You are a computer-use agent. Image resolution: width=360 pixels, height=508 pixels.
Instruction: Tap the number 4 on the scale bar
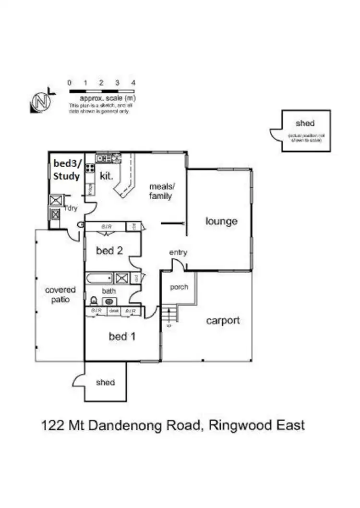(133, 83)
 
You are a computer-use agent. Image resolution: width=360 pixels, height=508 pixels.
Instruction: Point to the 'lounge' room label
(221, 221)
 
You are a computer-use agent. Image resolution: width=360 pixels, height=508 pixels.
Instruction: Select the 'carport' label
(223, 320)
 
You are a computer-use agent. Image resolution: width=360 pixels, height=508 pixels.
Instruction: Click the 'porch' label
(179, 287)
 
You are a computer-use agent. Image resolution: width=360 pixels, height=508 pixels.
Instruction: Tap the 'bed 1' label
(122, 337)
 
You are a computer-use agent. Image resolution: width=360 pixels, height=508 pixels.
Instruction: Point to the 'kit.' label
(106, 176)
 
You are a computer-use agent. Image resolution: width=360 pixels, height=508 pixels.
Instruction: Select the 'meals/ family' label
(160, 191)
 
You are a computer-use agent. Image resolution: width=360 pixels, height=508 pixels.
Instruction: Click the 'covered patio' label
(60, 295)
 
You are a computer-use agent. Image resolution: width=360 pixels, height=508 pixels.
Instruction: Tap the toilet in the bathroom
(93, 301)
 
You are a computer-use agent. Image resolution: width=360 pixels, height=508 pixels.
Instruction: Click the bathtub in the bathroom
(99, 278)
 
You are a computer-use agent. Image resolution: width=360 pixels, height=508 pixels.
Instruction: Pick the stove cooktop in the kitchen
(90, 168)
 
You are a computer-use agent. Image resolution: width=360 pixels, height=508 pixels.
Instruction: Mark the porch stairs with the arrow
(170, 315)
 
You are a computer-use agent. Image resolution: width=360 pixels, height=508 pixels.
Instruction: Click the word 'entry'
(178, 253)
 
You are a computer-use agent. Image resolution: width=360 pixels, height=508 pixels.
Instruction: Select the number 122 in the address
(52, 425)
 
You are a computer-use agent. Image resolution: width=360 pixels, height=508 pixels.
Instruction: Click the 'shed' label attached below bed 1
(105, 382)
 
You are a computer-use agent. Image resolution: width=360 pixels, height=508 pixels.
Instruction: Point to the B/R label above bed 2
(106, 226)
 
